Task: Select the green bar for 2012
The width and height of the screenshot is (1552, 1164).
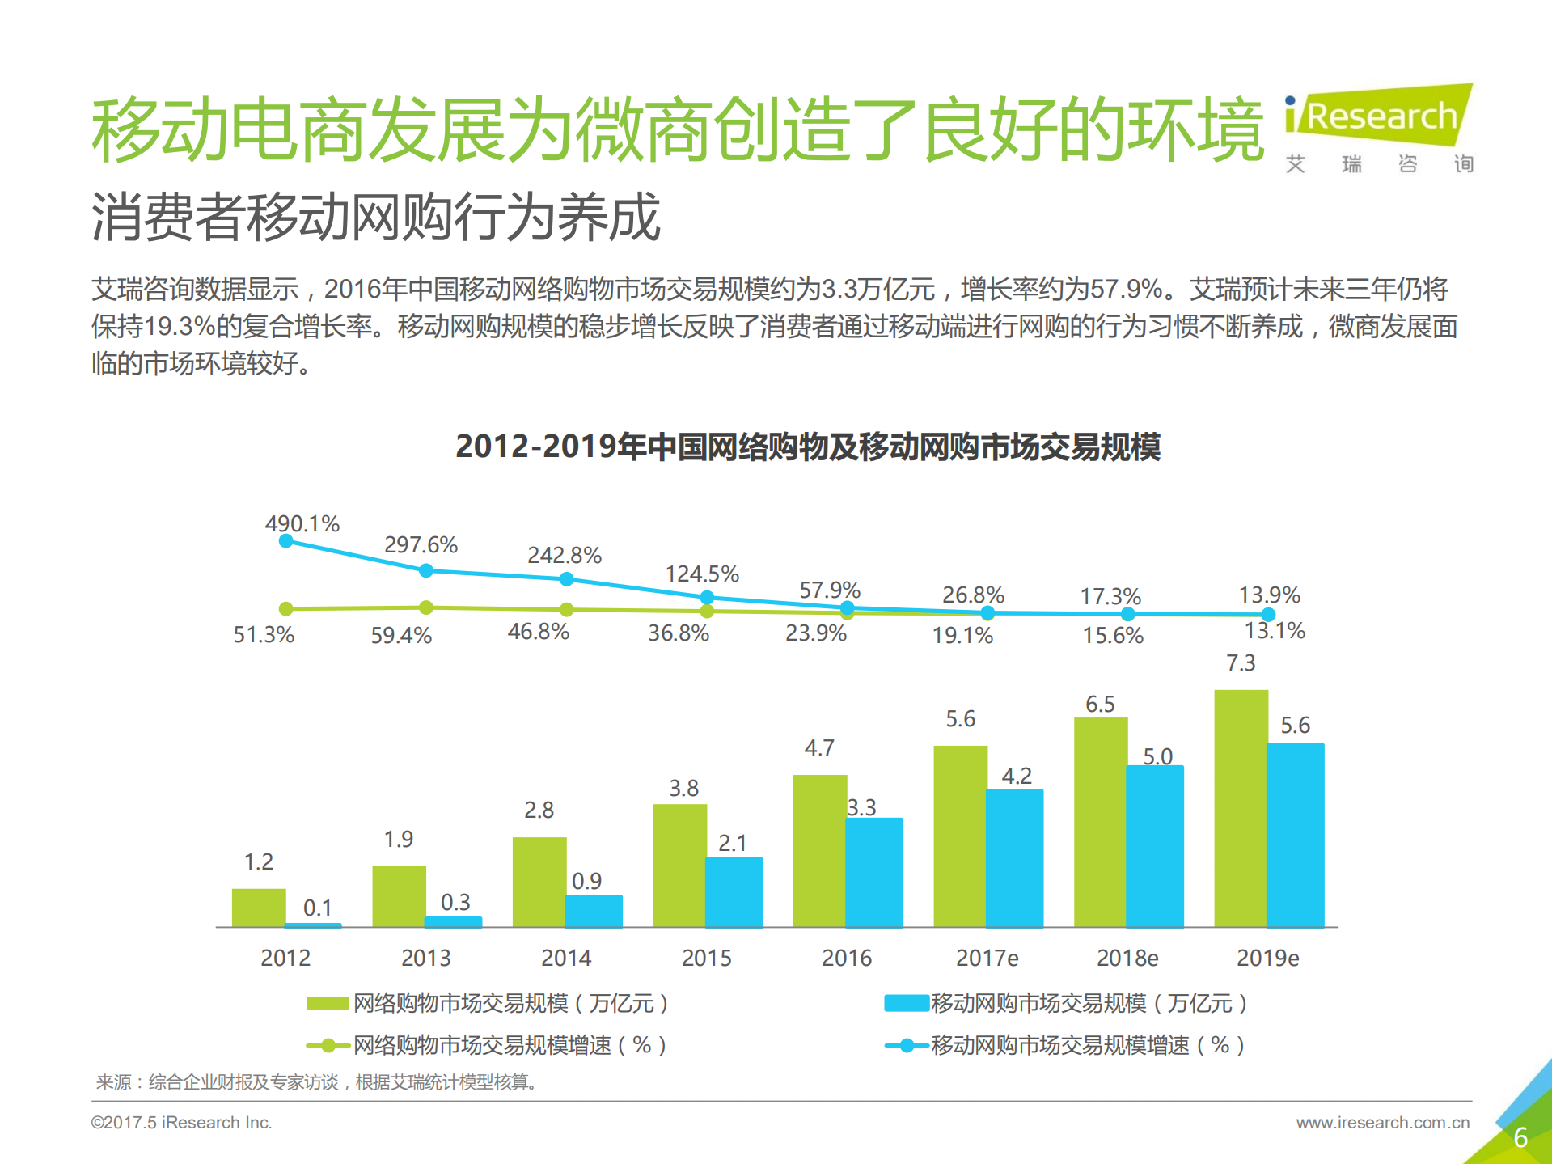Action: [x=259, y=908]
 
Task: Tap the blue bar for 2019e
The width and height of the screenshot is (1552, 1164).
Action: [x=1296, y=835]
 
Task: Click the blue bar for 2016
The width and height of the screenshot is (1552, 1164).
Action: [x=874, y=872]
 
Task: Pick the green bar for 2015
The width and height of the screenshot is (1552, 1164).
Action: [x=679, y=866]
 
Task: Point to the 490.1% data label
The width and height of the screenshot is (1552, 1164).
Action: [x=302, y=523]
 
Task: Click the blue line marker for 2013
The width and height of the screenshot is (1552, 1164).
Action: [x=426, y=570]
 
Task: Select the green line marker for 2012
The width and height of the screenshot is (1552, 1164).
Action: [x=285, y=608]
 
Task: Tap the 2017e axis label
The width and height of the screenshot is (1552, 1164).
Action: [x=987, y=958]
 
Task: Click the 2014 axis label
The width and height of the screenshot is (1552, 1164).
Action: [x=566, y=958]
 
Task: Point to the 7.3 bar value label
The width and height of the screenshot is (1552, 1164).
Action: [x=1241, y=663]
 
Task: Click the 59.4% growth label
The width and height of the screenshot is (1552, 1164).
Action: [x=401, y=635]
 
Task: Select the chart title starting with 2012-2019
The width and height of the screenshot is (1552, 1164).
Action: [x=807, y=447]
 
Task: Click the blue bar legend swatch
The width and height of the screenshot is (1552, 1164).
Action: [x=906, y=1004]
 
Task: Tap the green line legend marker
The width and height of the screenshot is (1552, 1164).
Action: [x=328, y=1046]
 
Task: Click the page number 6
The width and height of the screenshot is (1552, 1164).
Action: [x=1520, y=1137]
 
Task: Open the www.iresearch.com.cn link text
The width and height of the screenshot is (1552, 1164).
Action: [x=1382, y=1123]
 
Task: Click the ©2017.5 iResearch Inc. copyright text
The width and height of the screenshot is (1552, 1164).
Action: [x=181, y=1123]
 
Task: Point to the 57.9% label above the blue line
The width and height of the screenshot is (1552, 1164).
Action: [x=830, y=590]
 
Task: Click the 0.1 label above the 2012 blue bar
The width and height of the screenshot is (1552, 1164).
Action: [x=317, y=908]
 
